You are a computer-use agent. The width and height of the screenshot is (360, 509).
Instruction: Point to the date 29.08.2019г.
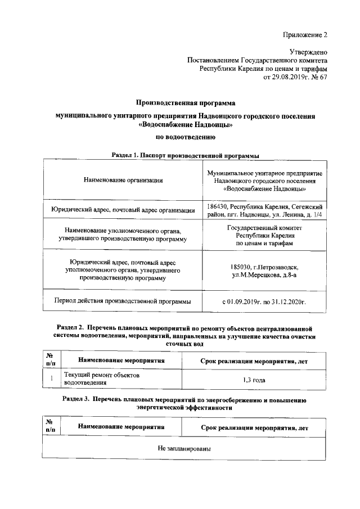pos(291,76)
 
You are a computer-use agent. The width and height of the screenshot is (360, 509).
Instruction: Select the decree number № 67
pos(321,76)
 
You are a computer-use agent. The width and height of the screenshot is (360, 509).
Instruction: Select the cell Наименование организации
pos(123,180)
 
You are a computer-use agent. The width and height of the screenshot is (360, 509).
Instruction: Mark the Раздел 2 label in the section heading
pos(73,327)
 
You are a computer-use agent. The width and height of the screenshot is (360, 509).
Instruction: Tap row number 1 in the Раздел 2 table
pos(51,379)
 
